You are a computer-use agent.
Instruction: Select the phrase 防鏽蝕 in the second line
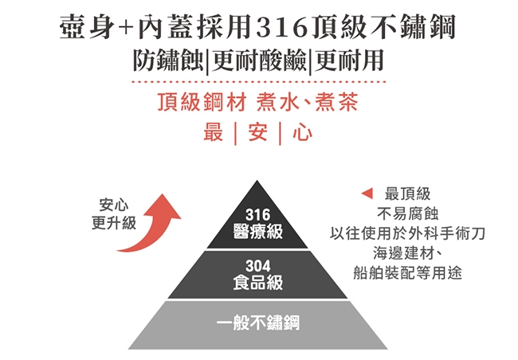pyautogui.click(x=168, y=61)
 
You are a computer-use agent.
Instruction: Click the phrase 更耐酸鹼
pyautogui.click(x=259, y=61)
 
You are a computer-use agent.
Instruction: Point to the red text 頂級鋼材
pyautogui.click(x=202, y=102)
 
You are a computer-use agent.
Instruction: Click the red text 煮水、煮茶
pyautogui.click(x=308, y=102)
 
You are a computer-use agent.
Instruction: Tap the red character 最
pyautogui.click(x=214, y=132)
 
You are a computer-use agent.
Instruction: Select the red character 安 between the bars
pyautogui.click(x=257, y=132)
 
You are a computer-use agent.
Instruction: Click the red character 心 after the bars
pyautogui.click(x=302, y=132)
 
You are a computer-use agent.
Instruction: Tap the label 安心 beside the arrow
pyautogui.click(x=114, y=205)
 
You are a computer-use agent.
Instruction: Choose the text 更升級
pyautogui.click(x=114, y=222)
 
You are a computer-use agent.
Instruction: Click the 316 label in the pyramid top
pyautogui.click(x=257, y=215)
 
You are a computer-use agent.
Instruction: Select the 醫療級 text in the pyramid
pyautogui.click(x=257, y=231)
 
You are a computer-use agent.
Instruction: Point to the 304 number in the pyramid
pyautogui.click(x=257, y=266)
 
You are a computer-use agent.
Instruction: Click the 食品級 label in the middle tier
pyautogui.click(x=257, y=283)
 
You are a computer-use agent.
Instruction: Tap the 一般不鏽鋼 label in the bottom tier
pyautogui.click(x=258, y=323)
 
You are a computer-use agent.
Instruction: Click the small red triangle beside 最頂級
pyautogui.click(x=367, y=194)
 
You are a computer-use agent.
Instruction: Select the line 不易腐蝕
pyautogui.click(x=407, y=213)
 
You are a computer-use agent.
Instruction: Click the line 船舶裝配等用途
pyautogui.click(x=407, y=273)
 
